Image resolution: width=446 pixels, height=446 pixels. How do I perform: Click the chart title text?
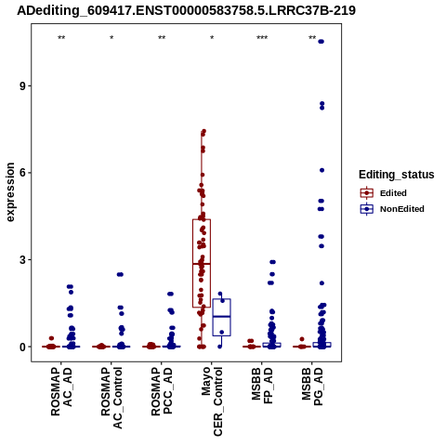click(x=186, y=10)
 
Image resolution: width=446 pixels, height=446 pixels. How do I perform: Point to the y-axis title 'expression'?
click(x=10, y=192)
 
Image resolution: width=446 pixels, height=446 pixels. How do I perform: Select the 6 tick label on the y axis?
click(x=23, y=173)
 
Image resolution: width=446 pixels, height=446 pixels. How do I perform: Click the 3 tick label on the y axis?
click(x=23, y=260)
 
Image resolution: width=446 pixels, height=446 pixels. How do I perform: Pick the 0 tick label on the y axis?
click(x=23, y=347)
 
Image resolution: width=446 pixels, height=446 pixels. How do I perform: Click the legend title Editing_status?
click(x=397, y=175)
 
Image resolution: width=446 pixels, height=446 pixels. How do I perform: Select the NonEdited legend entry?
click(x=392, y=209)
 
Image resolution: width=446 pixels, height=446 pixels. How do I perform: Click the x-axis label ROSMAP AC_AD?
click(x=61, y=391)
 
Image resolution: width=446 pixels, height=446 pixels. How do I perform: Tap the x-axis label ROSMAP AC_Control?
click(x=111, y=398)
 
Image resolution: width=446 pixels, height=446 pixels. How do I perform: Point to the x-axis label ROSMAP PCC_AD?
click(x=162, y=391)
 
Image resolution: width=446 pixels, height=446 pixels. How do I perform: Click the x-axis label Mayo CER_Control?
click(x=212, y=401)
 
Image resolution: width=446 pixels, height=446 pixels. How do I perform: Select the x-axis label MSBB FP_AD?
click(x=262, y=386)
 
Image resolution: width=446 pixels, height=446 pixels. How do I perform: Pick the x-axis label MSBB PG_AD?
click(x=312, y=387)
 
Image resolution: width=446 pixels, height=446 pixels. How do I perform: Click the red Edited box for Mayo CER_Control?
click(x=202, y=263)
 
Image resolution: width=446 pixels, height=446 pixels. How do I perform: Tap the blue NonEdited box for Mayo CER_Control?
click(x=222, y=317)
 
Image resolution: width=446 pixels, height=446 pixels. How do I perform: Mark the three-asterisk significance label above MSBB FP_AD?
click(x=262, y=38)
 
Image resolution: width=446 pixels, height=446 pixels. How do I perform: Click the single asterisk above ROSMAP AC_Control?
click(x=111, y=38)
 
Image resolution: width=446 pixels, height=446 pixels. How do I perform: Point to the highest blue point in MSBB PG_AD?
click(x=321, y=42)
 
